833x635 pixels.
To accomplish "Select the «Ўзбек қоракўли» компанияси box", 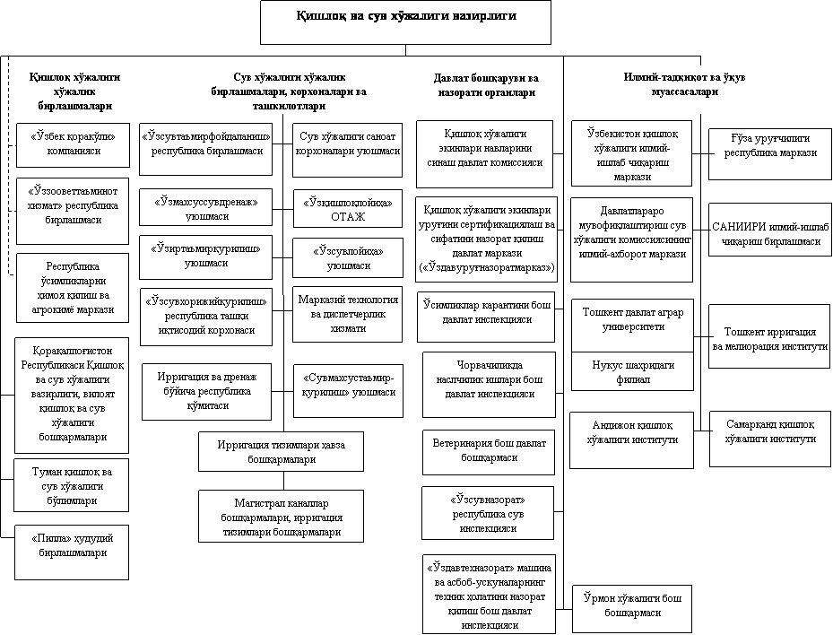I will (74, 144).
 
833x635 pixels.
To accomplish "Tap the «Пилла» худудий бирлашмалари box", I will (74, 547).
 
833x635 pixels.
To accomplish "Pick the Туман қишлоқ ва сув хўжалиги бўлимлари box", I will (74, 486).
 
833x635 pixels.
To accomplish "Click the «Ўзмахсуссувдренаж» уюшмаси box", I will (205, 210).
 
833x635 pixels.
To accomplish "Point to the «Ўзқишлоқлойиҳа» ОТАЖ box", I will (348, 209).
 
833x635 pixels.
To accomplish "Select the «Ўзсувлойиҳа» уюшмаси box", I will (348, 258).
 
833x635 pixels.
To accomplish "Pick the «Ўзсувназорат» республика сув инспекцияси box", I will (489, 512).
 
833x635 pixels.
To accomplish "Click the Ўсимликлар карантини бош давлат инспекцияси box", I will (489, 313).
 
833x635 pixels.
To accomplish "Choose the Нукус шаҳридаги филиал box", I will (633, 372).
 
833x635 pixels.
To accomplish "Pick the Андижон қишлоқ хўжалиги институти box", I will (633, 433).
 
